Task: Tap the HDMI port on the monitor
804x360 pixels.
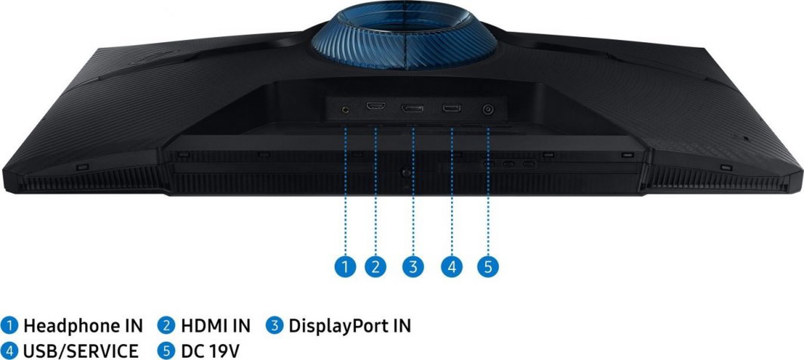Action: coord(375,106)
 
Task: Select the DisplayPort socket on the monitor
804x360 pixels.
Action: coord(412,108)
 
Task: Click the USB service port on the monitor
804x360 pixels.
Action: coord(452,108)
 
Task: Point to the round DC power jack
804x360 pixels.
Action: coord(488,109)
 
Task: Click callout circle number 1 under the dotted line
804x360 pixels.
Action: coord(345,267)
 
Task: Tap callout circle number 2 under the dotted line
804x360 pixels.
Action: coord(375,267)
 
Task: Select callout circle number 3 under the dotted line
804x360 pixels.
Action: coord(413,267)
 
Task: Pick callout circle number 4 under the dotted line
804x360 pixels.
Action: coord(452,267)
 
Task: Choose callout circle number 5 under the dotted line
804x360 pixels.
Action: coord(488,267)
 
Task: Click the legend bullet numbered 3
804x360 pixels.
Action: coord(275,325)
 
